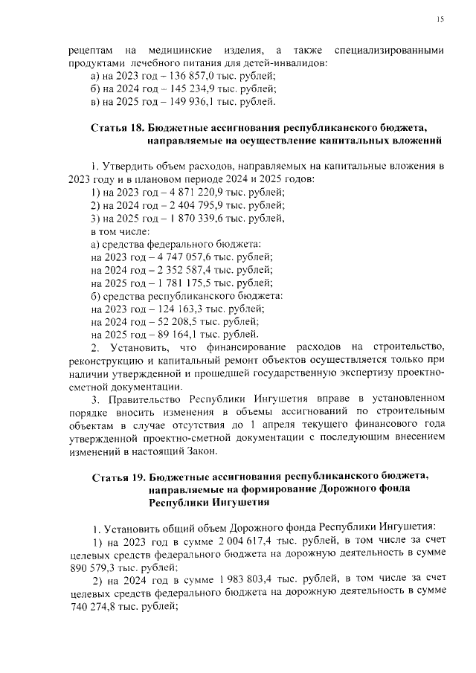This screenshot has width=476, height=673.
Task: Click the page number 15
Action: click(440, 19)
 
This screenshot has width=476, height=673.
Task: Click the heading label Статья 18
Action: click(117, 128)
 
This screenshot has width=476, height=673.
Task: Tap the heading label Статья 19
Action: click(117, 476)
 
